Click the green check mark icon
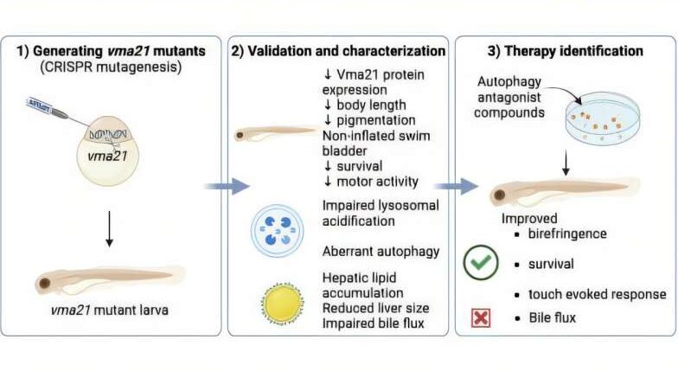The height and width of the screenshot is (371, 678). coord(481,263)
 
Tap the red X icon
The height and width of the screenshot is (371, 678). coord(481,318)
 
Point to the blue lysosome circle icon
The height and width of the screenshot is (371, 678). coord(277,231)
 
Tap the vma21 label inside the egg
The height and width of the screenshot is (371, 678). coord(107,156)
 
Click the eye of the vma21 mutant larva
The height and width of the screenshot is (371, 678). coord(45,284)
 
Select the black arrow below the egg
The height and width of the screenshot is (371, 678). coord(109,229)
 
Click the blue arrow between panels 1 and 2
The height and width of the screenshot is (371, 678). coord(227,187)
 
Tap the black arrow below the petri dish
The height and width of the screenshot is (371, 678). coord(566,163)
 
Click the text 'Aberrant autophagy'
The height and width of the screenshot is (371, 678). coord(381,252)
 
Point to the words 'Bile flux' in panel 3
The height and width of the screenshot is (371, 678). coord(552,318)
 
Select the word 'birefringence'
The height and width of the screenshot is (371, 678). coord(567,233)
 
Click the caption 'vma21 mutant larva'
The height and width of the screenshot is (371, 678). coord(109,310)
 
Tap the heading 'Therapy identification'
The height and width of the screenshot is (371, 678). coord(574,51)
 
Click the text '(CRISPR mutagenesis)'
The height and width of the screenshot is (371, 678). coord(111,67)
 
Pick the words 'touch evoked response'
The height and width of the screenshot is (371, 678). coord(597,294)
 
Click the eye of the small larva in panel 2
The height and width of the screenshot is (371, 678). coord(239,136)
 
